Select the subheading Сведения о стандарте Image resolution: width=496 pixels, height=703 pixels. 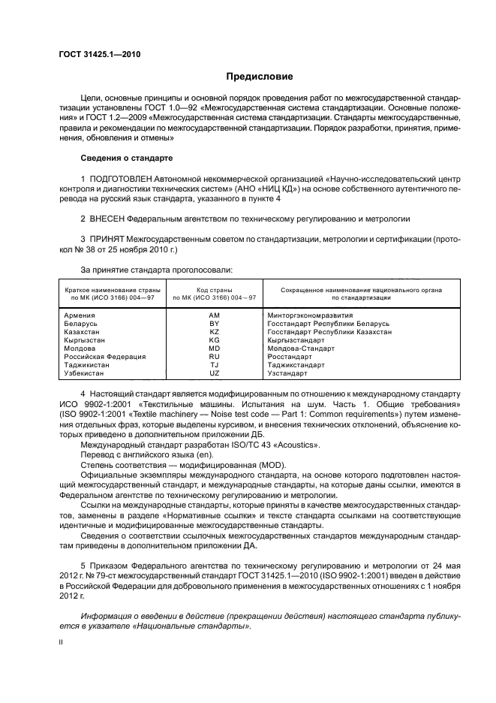[126, 158]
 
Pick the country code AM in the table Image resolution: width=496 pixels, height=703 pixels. [214, 315]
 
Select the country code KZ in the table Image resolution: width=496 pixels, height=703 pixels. [214, 332]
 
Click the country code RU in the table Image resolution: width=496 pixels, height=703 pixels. [214, 357]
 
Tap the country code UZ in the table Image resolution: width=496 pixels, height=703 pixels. [214, 373]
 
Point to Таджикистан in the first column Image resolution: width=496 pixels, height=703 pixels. [87, 365]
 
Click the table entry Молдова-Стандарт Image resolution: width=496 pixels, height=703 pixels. [299, 348]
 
